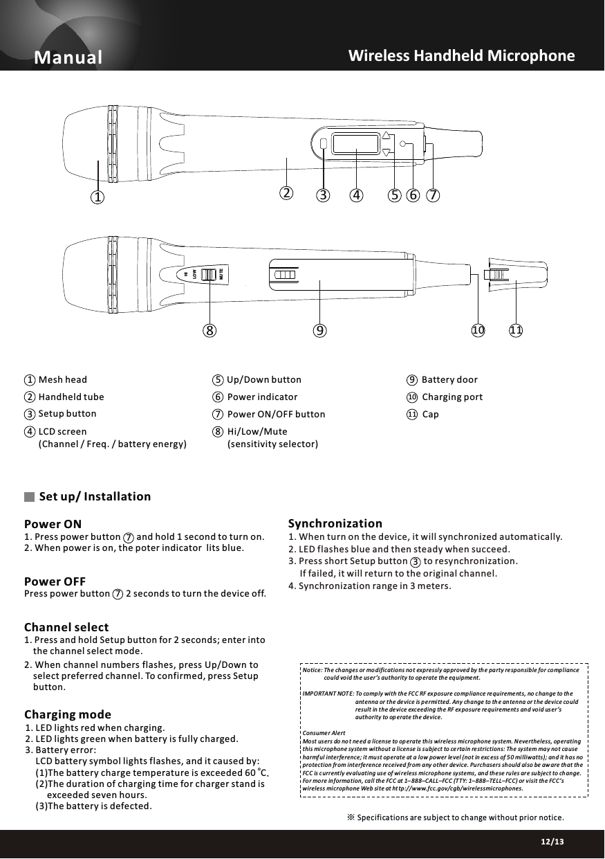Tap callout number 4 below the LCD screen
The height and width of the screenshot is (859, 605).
click(x=356, y=195)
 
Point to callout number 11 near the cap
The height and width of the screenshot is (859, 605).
click(x=516, y=330)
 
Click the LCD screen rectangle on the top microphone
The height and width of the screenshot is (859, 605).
click(x=355, y=143)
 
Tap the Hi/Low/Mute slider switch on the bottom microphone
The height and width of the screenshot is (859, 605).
click(x=206, y=273)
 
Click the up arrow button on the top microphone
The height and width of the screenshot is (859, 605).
click(x=387, y=136)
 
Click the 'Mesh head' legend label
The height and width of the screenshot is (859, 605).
click(x=63, y=380)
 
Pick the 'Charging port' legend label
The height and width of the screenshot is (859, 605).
click(x=452, y=397)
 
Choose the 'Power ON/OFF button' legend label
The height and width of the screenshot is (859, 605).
click(x=276, y=415)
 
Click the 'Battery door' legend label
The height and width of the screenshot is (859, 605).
click(x=449, y=380)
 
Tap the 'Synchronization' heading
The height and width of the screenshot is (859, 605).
click(x=335, y=523)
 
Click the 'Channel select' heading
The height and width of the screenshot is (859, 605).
click(x=66, y=629)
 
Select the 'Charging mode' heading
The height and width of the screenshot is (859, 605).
click(x=67, y=714)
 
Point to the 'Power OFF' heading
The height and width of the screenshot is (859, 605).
click(x=55, y=581)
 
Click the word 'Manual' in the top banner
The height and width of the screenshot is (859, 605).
click(x=68, y=57)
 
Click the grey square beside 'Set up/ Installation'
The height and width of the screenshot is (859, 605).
click(x=29, y=497)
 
